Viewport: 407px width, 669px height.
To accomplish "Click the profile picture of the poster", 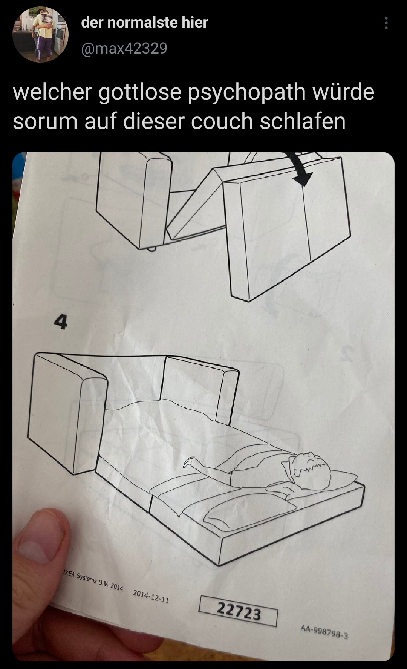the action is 41,34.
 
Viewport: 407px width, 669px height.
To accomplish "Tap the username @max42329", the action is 124,48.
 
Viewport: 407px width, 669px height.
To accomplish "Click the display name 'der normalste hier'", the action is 145,23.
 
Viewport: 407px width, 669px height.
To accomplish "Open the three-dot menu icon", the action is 386,23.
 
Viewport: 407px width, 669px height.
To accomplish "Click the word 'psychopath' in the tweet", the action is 246,93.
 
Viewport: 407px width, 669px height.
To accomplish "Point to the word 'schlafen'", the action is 302,121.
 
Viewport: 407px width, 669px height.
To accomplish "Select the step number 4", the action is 60,322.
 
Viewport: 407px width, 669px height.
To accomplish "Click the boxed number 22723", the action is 239,611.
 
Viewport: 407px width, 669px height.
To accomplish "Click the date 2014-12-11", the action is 151,596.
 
